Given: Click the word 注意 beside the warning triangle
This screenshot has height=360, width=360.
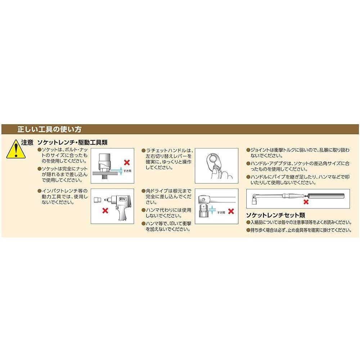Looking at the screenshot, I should click(x=27, y=143).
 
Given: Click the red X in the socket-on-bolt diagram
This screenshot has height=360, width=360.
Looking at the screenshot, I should click(x=127, y=163).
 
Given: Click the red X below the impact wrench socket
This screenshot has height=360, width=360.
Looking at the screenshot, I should click(x=105, y=210).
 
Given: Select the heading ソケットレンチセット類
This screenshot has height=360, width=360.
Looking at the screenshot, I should click(x=275, y=215).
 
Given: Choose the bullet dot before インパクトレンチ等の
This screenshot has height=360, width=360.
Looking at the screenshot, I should click(x=39, y=190).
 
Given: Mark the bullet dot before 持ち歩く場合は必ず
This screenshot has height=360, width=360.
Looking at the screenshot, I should click(x=248, y=230).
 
